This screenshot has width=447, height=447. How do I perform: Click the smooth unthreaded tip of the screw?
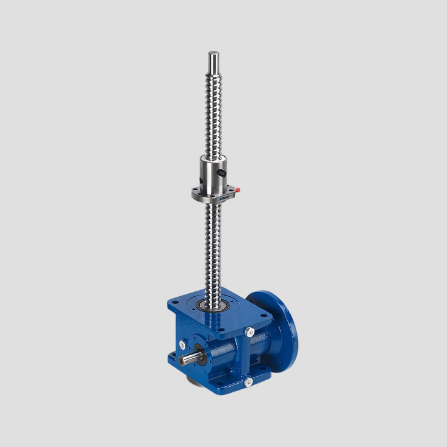[213, 61]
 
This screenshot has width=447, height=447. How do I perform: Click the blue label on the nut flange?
[225, 194]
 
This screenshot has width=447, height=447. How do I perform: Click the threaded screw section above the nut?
[213, 113]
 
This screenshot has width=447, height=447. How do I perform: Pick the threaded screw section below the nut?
[213, 250]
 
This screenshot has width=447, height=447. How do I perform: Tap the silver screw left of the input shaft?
[182, 343]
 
